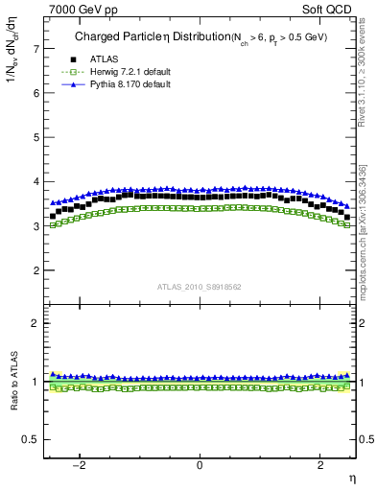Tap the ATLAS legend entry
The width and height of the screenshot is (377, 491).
pyautogui.click(x=93, y=59)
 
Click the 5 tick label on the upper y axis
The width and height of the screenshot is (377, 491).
pyautogui.click(x=37, y=137)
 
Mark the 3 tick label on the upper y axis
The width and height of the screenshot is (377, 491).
pyautogui.click(x=37, y=226)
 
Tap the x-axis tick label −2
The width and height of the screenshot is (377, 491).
pyautogui.click(x=82, y=466)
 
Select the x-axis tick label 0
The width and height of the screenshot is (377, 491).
pyautogui.click(x=200, y=466)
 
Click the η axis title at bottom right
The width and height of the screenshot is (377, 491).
pyautogui.click(x=351, y=479)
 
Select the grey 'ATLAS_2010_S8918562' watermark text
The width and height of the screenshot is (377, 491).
pyautogui.click(x=199, y=286)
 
